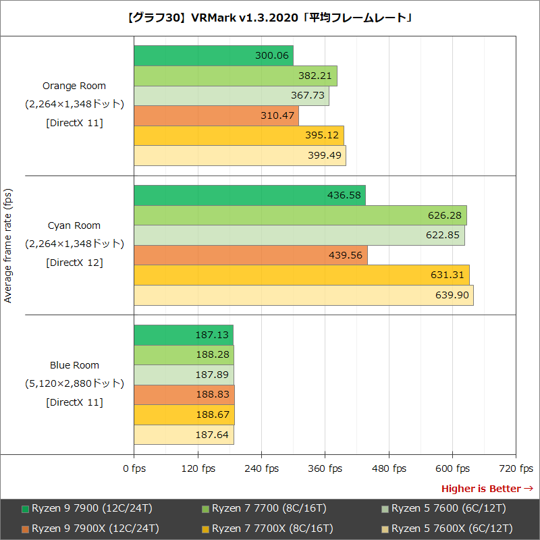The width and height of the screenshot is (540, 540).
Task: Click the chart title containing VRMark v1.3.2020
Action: [270, 18]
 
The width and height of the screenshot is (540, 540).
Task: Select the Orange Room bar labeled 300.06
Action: [213, 56]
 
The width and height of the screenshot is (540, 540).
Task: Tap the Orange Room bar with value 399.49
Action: [240, 156]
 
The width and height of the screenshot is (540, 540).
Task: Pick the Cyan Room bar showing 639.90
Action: [303, 296]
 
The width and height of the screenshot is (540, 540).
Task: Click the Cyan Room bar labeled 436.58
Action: [249, 196]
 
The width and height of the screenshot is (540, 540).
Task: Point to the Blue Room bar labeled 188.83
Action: [184, 395]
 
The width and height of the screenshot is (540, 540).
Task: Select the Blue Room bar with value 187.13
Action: [183, 335]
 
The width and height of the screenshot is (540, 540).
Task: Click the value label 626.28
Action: [444, 216]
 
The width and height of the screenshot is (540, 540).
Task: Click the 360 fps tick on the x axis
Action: [325, 468]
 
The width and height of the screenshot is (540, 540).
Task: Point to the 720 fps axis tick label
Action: [516, 468]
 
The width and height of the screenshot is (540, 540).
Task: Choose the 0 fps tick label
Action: [134, 468]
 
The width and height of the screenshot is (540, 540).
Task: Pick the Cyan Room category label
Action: [74, 225]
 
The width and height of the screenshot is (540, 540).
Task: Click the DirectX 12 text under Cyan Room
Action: [74, 263]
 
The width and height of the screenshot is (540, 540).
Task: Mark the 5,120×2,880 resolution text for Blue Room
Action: [74, 383]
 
